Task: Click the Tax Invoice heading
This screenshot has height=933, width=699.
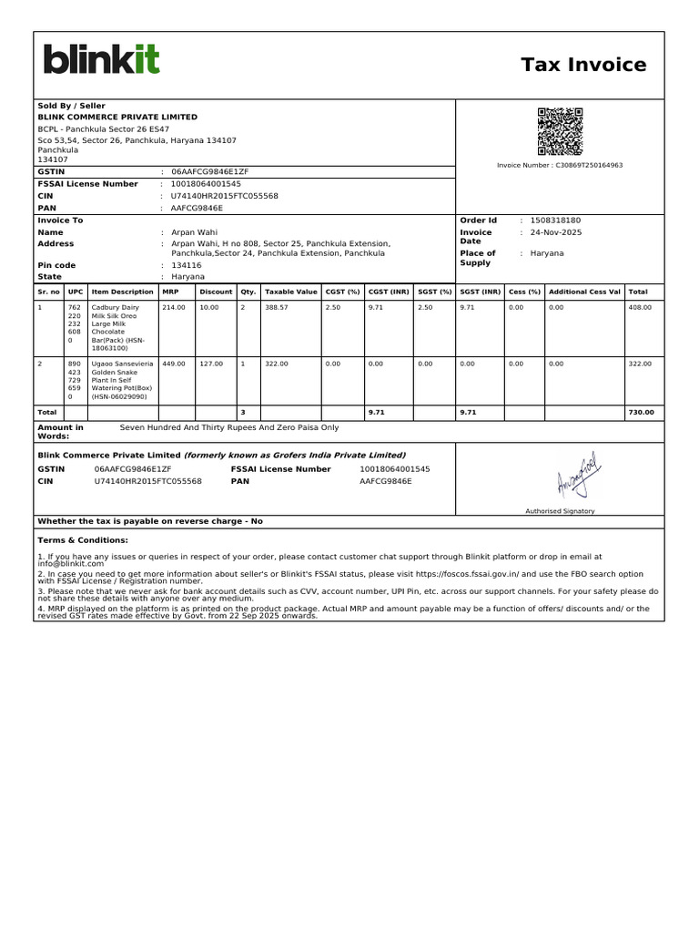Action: click(583, 65)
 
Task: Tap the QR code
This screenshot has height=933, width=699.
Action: click(560, 131)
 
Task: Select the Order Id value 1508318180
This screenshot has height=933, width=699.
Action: click(555, 220)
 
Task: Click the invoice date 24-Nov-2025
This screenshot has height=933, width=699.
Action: click(556, 232)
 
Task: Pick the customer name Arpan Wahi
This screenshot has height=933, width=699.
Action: click(189, 232)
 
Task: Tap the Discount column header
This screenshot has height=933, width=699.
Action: click(216, 292)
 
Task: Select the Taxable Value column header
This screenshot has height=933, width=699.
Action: click(290, 292)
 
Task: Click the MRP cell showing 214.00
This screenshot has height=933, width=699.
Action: click(173, 308)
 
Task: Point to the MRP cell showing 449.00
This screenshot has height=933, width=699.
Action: click(173, 364)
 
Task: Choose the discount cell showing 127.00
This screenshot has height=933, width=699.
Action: click(211, 364)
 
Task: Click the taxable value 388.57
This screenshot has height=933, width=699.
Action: click(276, 308)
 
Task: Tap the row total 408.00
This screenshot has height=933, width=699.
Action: click(640, 308)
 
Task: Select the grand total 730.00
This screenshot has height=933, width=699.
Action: click(641, 413)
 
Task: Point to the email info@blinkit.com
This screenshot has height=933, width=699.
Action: click(71, 564)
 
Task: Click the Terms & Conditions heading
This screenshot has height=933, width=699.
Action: click(76, 540)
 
